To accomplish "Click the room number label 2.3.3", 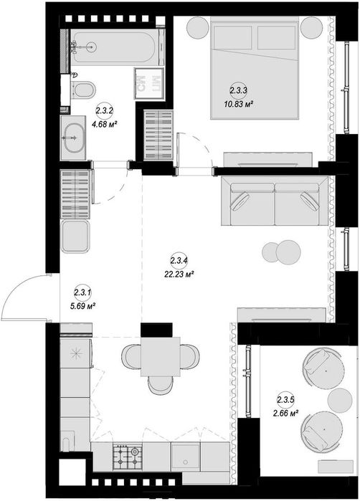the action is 239,90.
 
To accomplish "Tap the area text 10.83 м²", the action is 239,103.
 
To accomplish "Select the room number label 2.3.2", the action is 104,111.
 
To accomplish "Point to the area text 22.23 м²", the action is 180,274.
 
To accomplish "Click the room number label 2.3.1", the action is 83,292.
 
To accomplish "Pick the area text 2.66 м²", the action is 285,414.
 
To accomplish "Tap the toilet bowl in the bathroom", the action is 83,90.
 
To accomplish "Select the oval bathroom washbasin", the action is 75,138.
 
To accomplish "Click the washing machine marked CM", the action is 149,84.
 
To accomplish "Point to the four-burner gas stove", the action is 127,456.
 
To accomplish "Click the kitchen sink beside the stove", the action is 185,456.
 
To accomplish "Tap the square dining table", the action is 161,357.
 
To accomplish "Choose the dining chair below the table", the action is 161,386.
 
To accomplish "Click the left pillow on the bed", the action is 232,38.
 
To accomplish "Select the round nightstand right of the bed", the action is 311,27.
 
